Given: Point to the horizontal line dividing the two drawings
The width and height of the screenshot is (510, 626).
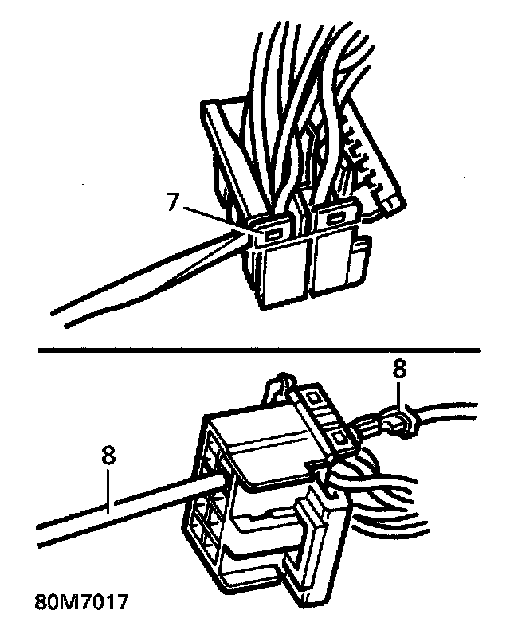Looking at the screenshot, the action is (255, 348).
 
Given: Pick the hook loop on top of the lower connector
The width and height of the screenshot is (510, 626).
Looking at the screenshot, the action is (278, 386).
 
